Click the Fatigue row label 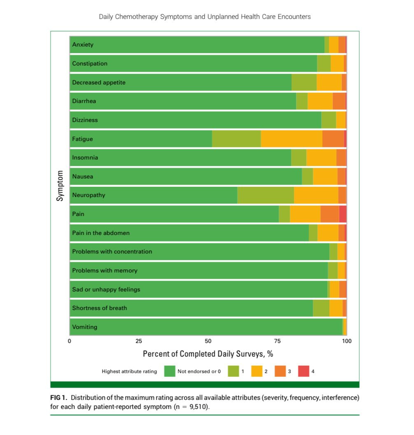(x=82, y=139)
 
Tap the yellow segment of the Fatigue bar (x=291, y=139)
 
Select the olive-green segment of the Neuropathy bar (x=265, y=195)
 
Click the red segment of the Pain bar (x=342, y=214)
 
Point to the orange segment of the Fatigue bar (x=333, y=139)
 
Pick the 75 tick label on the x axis (x=277, y=341)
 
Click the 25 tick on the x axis (x=139, y=341)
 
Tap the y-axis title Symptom (x=60, y=186)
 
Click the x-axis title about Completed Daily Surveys (x=208, y=354)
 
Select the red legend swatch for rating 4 (x=303, y=371)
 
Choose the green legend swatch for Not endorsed (x=170, y=371)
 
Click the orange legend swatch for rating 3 (x=280, y=371)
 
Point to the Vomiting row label (x=84, y=327)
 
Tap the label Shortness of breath (x=99, y=308)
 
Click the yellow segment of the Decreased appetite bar (x=329, y=82)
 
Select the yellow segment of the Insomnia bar (x=321, y=158)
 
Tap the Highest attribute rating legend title (x=129, y=372)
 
